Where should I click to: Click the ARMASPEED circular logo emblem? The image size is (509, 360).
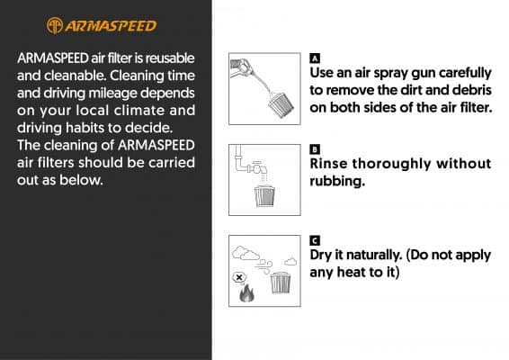[55, 26]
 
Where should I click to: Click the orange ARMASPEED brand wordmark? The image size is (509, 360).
[111, 26]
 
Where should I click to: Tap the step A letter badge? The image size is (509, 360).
[315, 58]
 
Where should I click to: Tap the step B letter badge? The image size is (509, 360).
[315, 149]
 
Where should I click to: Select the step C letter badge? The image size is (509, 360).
[315, 241]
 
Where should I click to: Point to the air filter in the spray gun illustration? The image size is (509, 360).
[281, 104]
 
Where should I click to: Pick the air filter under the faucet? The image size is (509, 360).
[264, 196]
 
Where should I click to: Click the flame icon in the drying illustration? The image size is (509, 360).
[246, 293]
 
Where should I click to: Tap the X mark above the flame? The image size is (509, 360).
[239, 278]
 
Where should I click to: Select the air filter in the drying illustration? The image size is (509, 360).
[281, 283]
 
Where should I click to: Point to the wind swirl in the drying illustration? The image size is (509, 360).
[263, 266]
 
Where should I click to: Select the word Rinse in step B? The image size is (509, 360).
[328, 164]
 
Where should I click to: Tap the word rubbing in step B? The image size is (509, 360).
[337, 181]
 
